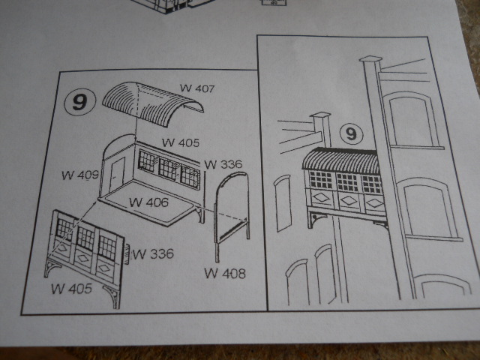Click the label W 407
click(197, 88)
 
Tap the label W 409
click(80, 175)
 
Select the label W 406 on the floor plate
click(148, 202)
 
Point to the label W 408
click(225, 273)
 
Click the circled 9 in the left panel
click(80, 102)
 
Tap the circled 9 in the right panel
click(352, 134)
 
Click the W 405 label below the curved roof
click(181, 142)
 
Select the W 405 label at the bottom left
click(72, 289)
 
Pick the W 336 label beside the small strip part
click(153, 253)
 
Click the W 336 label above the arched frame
click(223, 164)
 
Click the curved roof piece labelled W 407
click(152, 103)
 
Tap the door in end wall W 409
click(117, 172)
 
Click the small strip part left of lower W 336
click(127, 253)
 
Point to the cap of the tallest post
click(370, 58)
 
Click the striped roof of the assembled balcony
click(340, 159)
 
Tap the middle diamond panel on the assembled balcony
click(349, 200)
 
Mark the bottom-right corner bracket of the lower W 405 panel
click(112, 296)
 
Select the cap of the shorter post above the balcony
click(320, 115)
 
